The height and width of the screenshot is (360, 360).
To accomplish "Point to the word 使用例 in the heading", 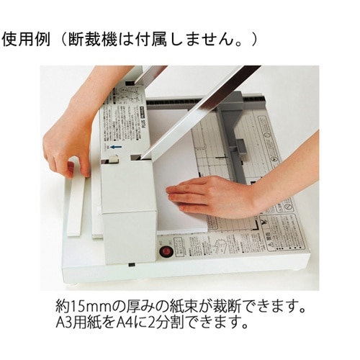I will (26, 40).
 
